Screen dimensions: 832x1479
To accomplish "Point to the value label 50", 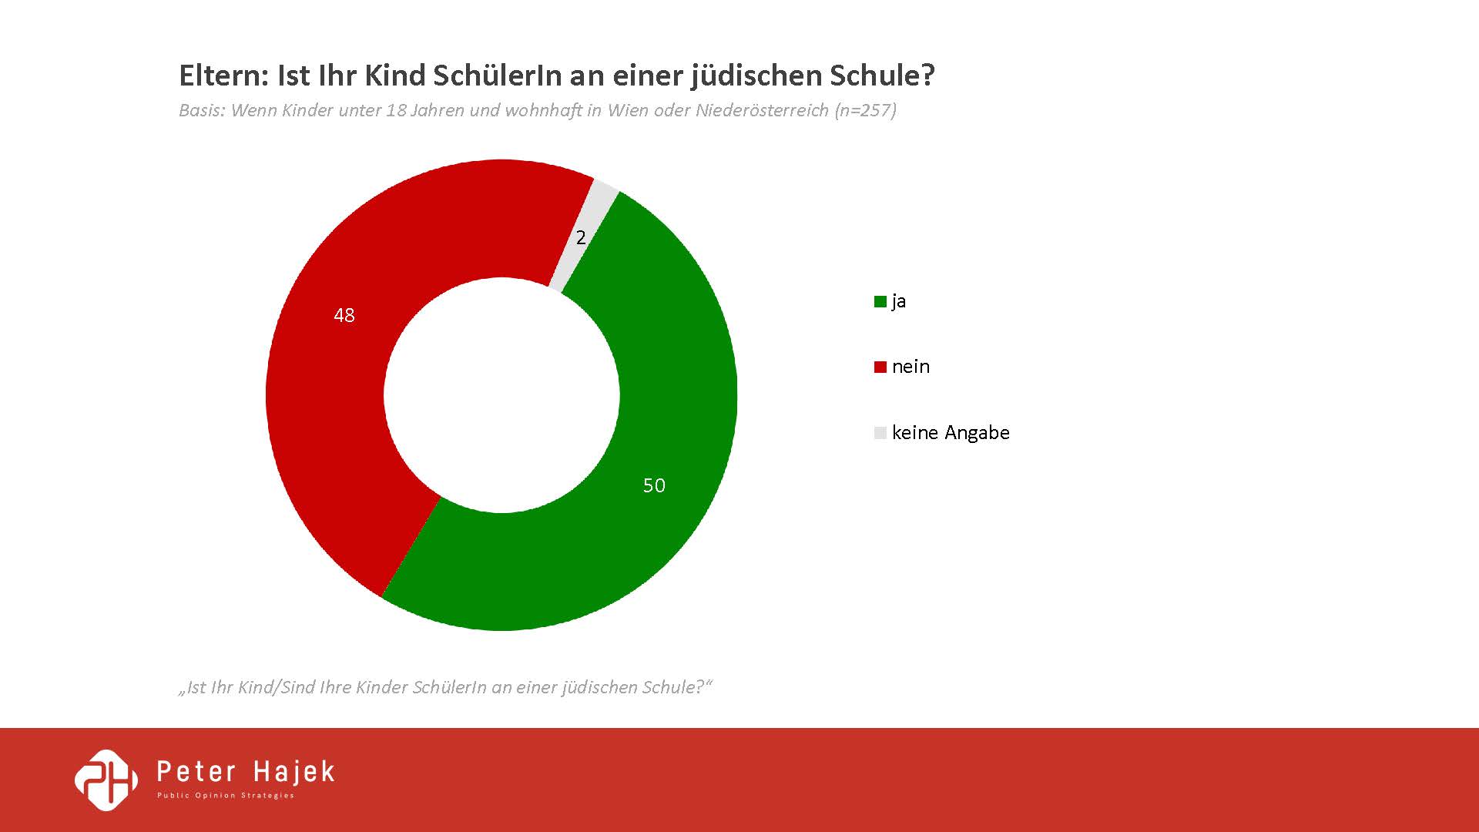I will click(654, 485).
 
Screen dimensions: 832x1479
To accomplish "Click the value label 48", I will click(344, 315).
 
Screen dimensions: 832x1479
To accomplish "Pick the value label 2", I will click(581, 238).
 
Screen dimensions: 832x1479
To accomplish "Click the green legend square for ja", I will click(880, 302).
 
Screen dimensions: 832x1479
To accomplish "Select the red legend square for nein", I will click(880, 367).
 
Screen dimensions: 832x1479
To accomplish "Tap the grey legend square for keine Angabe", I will click(880, 433).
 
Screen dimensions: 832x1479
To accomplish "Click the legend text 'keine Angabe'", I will click(951, 433).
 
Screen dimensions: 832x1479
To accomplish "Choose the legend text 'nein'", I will click(911, 367).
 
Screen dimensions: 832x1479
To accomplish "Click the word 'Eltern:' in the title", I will click(223, 75).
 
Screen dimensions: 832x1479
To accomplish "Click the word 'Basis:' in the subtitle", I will click(202, 110).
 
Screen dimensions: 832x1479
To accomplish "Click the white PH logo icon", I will click(106, 780).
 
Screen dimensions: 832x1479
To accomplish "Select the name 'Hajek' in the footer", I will click(296, 771).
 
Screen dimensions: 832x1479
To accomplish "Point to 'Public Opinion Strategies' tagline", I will click(226, 796).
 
